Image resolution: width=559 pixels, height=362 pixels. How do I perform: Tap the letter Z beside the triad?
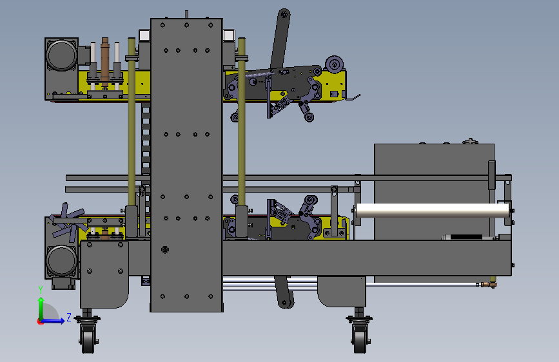coord(69,317)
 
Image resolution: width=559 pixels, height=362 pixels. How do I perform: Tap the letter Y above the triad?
coord(41,289)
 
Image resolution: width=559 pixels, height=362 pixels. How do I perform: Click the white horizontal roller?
coord(432,211)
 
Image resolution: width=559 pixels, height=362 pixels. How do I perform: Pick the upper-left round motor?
coord(62,55)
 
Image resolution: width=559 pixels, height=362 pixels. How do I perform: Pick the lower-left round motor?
coord(61,260)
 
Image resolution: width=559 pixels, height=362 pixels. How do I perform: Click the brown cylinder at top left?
coord(105,61)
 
